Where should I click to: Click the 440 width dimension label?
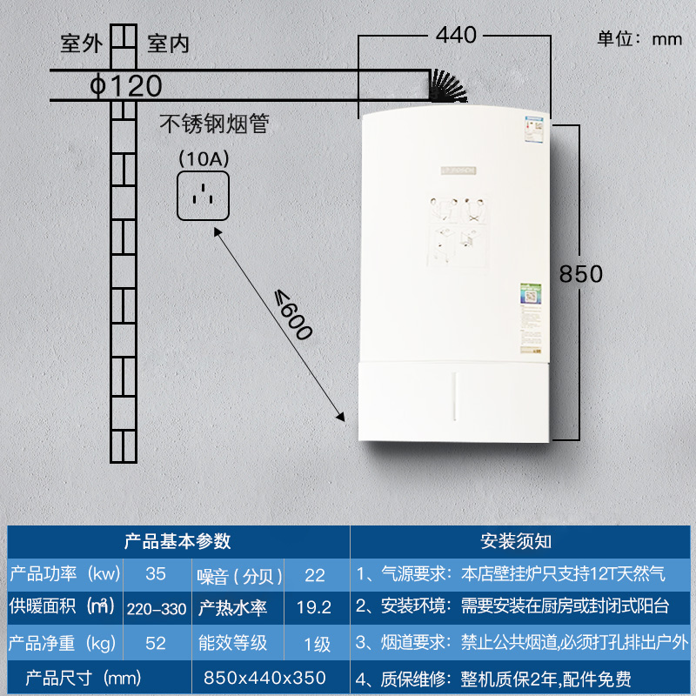pos(456,35)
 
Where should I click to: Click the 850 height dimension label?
pos(580,273)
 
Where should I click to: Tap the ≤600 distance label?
pos(293,314)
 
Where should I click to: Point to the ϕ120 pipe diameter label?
pos(126,86)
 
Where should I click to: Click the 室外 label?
pos(81,43)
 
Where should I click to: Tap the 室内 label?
pos(168,43)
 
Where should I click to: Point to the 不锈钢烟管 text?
pos(214,124)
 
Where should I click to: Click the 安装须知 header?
pos(516,541)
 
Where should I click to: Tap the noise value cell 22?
pos(314,573)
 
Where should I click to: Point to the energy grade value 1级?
pos(314,644)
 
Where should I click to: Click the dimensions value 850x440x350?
pos(264,678)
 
